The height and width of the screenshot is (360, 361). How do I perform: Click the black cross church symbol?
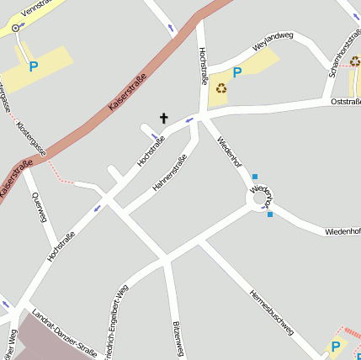pyautogui.click(x=163, y=119)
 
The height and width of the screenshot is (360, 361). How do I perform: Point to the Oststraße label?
pyautogui.click(x=347, y=102)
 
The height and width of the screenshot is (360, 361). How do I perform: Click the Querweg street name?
pyautogui.click(x=38, y=206)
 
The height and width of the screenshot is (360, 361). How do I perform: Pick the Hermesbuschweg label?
pyautogui.click(x=271, y=312)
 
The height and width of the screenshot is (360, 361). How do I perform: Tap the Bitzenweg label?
pyautogui.click(x=177, y=338)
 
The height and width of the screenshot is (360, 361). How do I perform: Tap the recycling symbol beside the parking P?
pyautogui.click(x=221, y=87)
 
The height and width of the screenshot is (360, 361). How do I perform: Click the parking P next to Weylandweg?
pyautogui.click(x=237, y=73)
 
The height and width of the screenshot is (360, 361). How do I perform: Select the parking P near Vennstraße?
pyautogui.click(x=34, y=66)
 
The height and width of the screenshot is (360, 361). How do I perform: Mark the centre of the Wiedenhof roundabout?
pyautogui.click(x=260, y=198)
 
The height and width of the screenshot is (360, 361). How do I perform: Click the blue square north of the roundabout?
pyautogui.click(x=255, y=177)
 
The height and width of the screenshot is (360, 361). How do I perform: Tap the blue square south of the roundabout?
pyautogui.click(x=270, y=214)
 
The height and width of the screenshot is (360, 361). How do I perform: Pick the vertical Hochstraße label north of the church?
pyautogui.click(x=203, y=66)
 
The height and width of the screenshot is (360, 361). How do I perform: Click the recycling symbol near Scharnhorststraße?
pyautogui.click(x=354, y=61)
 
